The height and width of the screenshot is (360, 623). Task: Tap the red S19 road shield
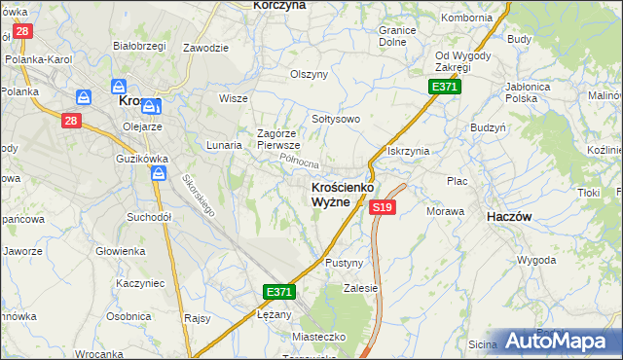[383, 207]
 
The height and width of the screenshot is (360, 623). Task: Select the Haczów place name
[508, 218]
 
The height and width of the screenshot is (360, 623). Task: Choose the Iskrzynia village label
[409, 151]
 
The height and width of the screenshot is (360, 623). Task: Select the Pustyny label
[345, 263]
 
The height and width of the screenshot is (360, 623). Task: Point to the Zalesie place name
[360, 288]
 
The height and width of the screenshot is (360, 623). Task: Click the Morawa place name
[444, 211]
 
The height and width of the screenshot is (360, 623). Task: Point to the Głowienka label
[120, 251]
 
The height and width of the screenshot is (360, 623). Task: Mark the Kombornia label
[466, 18]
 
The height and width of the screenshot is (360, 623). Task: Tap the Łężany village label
[274, 314]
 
